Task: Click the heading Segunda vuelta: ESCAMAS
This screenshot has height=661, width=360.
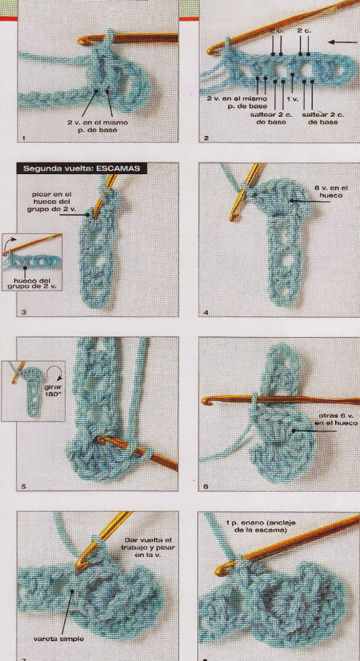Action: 82,168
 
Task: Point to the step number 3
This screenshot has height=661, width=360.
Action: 24,313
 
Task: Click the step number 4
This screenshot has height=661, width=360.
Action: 206,313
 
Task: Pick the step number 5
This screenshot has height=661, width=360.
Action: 24,487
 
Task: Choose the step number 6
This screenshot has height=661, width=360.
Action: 206,487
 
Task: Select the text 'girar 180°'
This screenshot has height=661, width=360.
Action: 54,391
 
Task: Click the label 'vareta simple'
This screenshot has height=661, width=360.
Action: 59,639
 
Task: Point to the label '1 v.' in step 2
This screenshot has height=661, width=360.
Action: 292,99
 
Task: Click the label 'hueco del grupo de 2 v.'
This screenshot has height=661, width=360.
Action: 32,284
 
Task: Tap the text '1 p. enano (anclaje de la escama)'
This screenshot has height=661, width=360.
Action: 260,526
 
